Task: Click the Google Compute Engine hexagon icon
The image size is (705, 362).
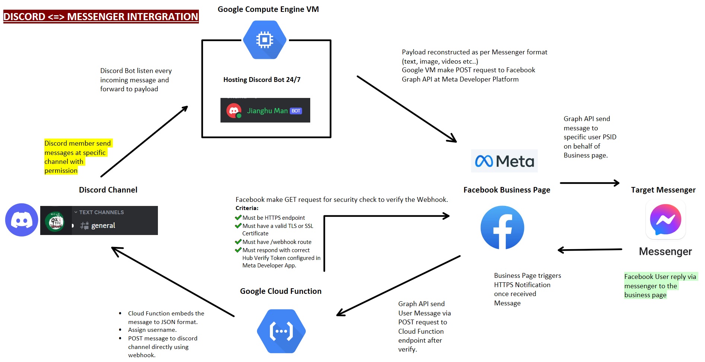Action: coord(264,40)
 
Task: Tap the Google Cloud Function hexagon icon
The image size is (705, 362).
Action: coord(281,331)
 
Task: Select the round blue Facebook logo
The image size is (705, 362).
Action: coord(502,228)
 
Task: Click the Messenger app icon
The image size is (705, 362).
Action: coord(666,219)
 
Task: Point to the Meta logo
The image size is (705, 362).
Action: coord(504,161)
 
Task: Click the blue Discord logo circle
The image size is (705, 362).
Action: coord(22,220)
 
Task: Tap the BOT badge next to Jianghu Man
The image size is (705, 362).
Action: coord(296,111)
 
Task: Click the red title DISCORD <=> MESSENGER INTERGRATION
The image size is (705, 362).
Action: coord(101,17)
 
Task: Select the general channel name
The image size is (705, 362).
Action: coord(103,225)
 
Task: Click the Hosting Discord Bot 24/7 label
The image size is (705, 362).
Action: coord(262,80)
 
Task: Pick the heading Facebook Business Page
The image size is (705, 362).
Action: coord(506,190)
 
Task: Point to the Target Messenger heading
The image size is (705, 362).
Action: coord(663,190)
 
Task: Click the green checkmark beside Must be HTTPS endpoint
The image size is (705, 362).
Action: coord(238,217)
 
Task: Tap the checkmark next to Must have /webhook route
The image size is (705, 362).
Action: coord(238,242)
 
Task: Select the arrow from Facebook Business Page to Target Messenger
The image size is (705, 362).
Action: coord(590,183)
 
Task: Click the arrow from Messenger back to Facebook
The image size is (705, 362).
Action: coord(590,250)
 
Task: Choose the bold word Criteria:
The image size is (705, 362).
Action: coord(247,208)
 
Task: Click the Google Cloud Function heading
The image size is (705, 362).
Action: coord(280,291)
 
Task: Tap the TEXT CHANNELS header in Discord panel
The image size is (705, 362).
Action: coord(101,212)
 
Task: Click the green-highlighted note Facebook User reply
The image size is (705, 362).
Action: coord(660,286)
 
